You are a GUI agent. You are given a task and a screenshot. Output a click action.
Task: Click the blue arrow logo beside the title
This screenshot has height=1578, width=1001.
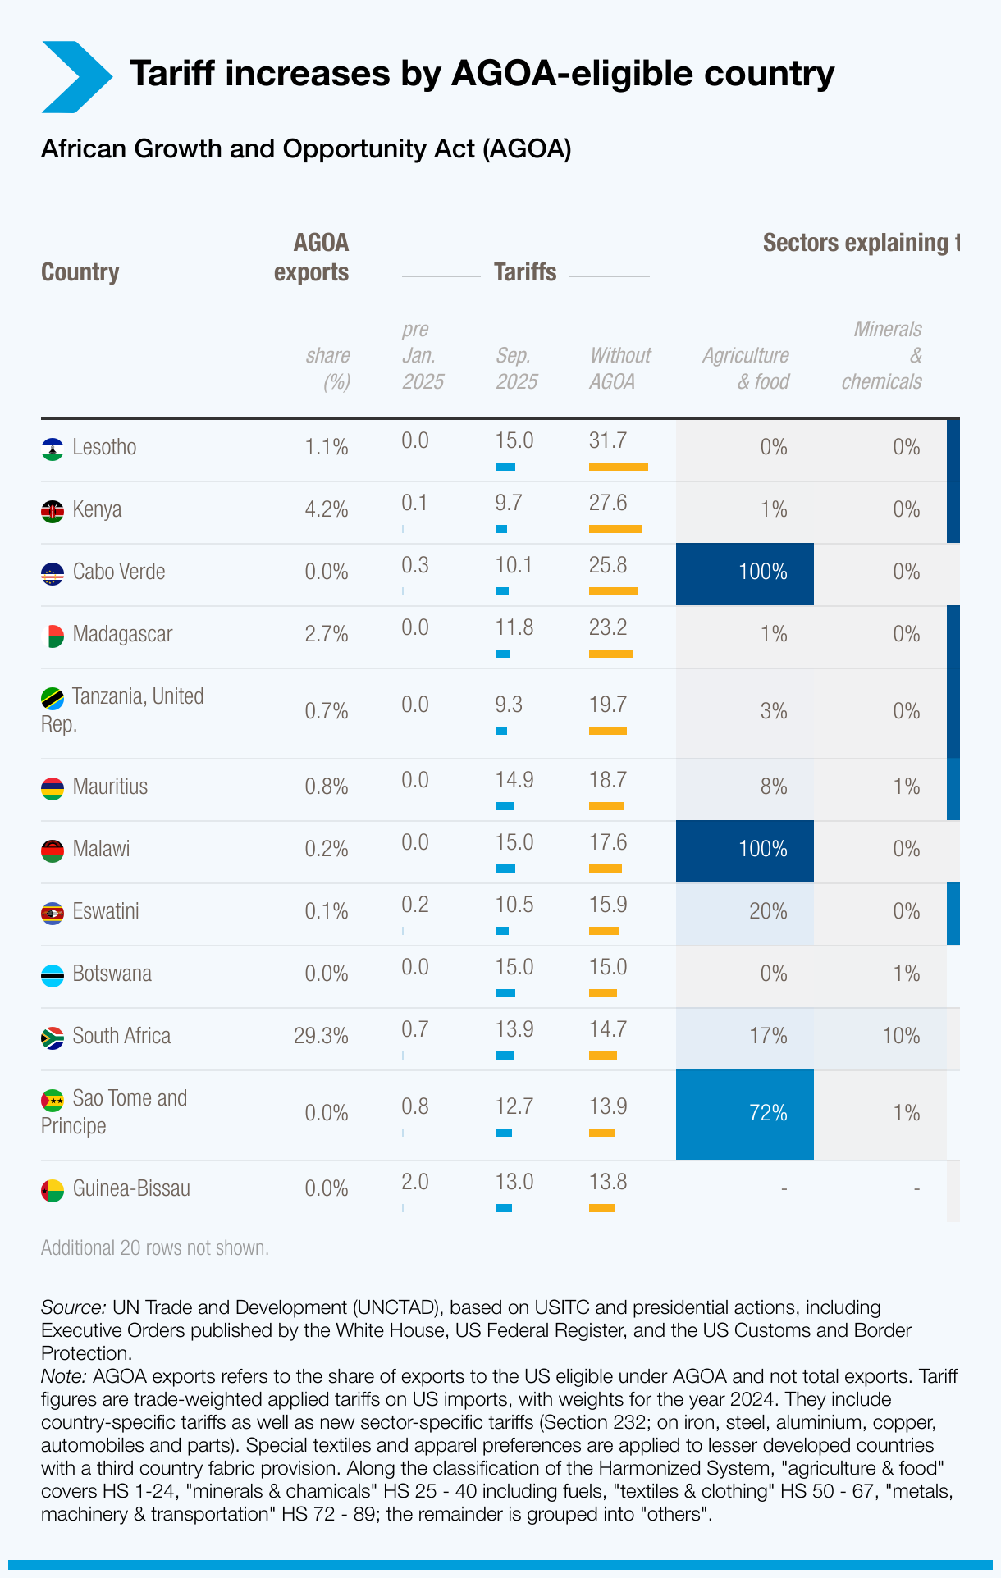pos(75,76)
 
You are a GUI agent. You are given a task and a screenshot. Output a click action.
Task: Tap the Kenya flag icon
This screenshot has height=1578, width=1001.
pos(53,511)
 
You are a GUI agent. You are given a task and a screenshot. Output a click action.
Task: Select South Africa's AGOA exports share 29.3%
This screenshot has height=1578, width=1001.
pos(321,1036)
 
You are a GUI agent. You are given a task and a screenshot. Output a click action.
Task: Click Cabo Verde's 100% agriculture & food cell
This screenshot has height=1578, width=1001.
pos(745,572)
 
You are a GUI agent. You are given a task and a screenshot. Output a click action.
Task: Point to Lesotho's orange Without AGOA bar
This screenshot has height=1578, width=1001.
pos(618,467)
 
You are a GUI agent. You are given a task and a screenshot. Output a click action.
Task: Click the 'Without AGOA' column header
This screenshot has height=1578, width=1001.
pos(619,368)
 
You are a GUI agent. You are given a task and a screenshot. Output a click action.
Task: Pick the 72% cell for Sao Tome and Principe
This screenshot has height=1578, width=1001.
pos(745,1114)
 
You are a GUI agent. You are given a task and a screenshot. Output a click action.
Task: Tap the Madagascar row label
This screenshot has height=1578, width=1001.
pos(122,634)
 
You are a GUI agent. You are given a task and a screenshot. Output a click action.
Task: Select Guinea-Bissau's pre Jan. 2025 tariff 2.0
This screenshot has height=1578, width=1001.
pos(415,1182)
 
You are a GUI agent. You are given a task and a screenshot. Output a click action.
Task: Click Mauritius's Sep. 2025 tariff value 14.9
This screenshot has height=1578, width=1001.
pos(514,780)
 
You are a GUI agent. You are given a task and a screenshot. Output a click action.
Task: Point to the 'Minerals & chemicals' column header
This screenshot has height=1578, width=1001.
pos(883,355)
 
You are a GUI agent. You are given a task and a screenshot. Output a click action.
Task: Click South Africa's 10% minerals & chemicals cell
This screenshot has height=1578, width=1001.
pos(900,1036)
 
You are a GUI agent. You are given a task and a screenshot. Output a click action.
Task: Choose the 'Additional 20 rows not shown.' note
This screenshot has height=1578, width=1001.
pos(155,1248)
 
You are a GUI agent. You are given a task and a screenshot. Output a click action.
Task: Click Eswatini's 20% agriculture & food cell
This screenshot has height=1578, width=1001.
pos(745,912)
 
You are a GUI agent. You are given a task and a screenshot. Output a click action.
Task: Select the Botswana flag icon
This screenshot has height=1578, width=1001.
pos(53,975)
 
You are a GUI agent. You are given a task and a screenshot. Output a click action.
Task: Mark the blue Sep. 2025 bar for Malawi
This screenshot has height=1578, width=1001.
pos(505,869)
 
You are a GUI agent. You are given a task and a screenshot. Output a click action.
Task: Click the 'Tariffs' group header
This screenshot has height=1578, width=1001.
pos(525,272)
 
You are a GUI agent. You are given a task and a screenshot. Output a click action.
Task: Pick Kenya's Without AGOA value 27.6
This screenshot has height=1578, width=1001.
pos(608,503)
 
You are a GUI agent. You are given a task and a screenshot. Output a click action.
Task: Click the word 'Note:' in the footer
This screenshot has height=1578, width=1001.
pos(63,1376)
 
